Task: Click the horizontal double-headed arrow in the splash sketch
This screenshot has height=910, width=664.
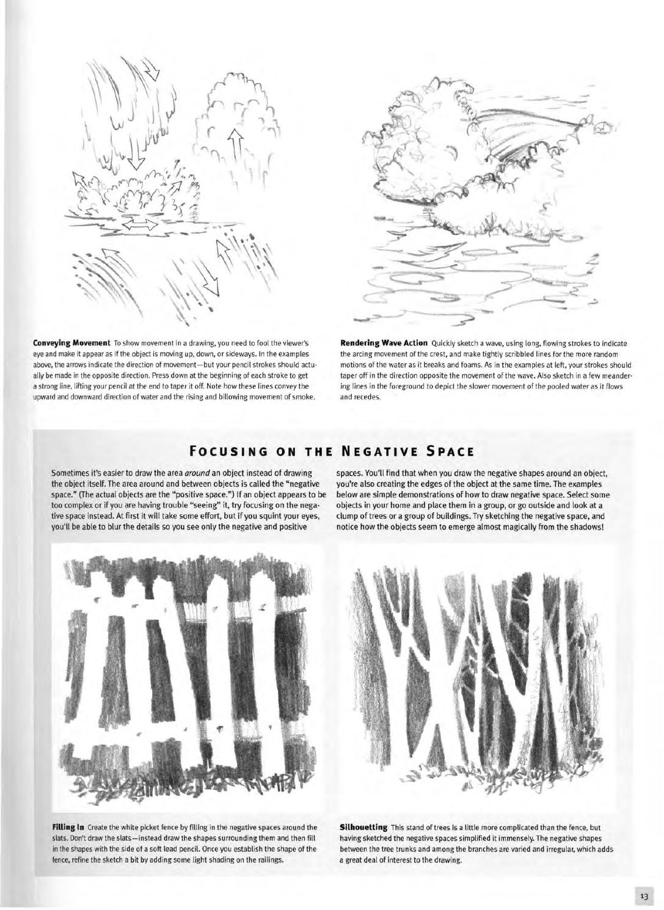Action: click(140, 225)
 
